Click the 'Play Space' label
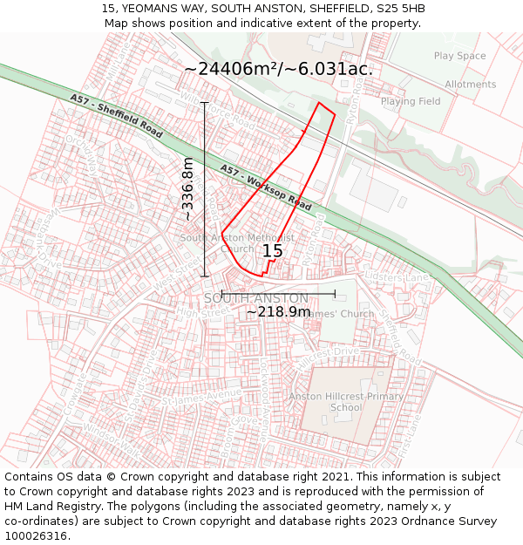coord(459,57)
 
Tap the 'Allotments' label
coord(470,85)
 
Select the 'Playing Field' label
coord(411,101)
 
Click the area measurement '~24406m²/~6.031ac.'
coord(279,69)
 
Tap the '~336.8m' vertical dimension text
coord(187,189)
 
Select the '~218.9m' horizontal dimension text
coord(278,311)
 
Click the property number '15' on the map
coord(272,251)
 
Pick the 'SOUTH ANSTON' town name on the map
coord(256,298)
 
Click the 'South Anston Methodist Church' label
coord(236,242)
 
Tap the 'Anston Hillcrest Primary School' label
coord(346,401)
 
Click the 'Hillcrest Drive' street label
coord(328,352)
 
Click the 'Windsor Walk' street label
coord(112,440)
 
